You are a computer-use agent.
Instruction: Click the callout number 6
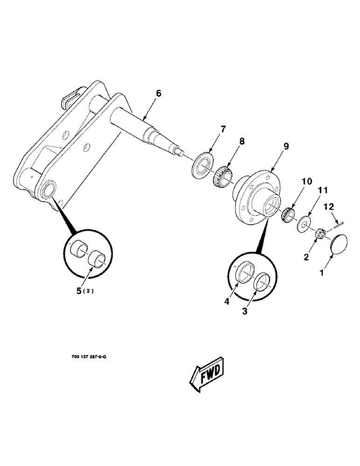tap(159, 94)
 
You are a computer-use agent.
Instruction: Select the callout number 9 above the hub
tap(286, 146)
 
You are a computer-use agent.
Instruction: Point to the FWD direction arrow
tap(208, 373)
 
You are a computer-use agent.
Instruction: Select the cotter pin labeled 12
tap(338, 224)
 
